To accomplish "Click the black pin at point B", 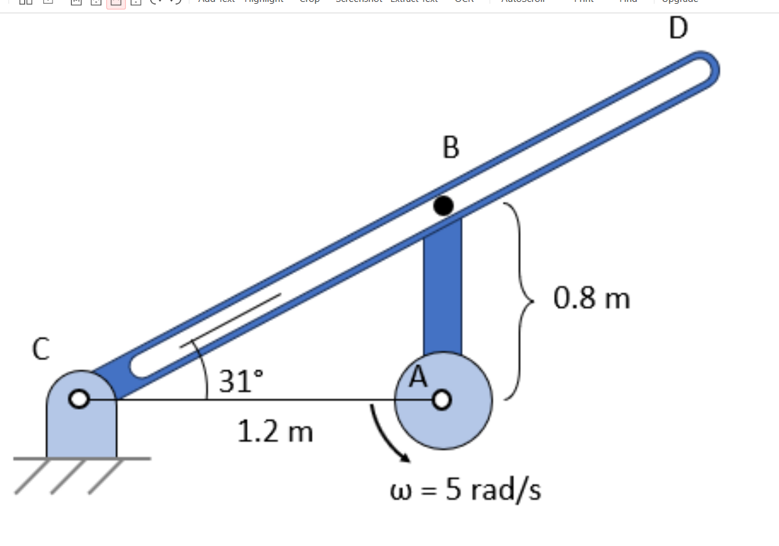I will [443, 206].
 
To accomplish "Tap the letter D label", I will [679, 28].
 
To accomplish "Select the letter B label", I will [450, 147].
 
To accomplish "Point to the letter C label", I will [41, 349].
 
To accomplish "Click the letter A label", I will [418, 377].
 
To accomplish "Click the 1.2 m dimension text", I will [275, 432].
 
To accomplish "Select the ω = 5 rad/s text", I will [465, 491].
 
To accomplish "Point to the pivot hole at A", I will [442, 400].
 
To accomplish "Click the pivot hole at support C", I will [79, 400].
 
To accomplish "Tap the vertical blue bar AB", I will [443, 286].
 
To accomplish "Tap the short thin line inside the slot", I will [230, 321].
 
